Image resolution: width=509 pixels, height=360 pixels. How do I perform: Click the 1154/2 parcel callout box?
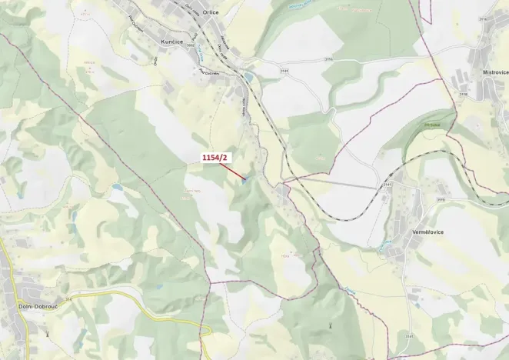pyautogui.click(x=215, y=158)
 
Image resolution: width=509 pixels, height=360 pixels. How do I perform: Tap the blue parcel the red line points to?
pyautogui.click(x=245, y=182)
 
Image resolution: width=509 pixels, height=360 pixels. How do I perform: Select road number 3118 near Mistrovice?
pyautogui.click(x=462, y=94)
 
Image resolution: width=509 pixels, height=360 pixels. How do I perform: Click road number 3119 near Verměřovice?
pyautogui.click(x=441, y=200)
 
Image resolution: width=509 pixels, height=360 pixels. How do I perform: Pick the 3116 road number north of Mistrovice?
pyautogui.click(x=482, y=19)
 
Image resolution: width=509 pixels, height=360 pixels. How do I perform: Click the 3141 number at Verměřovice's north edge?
pyautogui.click(x=388, y=185)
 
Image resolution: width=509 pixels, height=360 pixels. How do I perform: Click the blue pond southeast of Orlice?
pyautogui.click(x=248, y=77)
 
